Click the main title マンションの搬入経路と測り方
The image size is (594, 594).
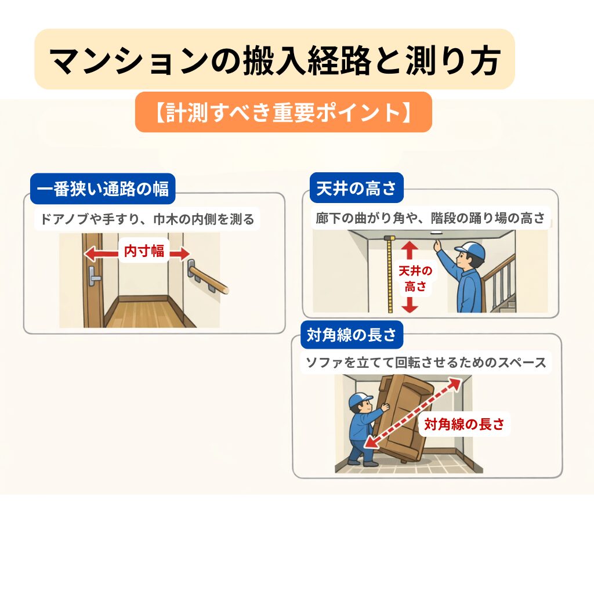(x=274, y=60)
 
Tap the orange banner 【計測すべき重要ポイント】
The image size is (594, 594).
(x=284, y=113)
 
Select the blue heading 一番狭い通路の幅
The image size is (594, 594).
(x=103, y=189)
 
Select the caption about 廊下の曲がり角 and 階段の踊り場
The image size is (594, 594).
(x=430, y=219)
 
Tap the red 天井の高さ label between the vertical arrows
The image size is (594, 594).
(x=411, y=278)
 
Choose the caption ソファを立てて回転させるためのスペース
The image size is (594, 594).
(x=425, y=363)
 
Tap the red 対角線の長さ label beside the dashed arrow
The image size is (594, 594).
(x=464, y=425)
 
